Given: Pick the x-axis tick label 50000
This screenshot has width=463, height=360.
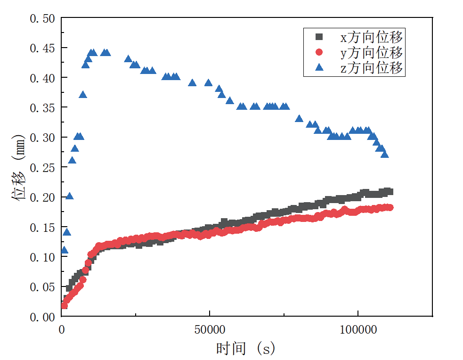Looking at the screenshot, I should pos(209,329).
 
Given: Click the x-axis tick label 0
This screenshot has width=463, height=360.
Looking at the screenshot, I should pos(62,329).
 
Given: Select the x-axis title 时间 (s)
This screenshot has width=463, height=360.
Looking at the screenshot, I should pos(245,349).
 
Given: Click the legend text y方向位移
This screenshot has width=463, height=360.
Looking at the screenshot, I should pos(371,52).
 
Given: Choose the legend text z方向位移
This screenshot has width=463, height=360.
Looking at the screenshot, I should pos(371,67).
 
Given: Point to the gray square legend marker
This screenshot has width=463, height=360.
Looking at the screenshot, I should pos(319,36).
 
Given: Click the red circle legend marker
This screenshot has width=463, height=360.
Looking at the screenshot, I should pos(319,52).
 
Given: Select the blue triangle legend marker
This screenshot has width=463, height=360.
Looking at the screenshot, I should pos(319,67).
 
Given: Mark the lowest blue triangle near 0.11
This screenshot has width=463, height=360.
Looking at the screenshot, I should pos(65,250).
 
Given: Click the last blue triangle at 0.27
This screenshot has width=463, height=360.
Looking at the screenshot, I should pos(384,154).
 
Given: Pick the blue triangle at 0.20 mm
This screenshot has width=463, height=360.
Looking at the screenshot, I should pos(69,196).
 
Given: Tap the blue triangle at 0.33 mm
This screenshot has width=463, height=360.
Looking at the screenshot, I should pos(299,118).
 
